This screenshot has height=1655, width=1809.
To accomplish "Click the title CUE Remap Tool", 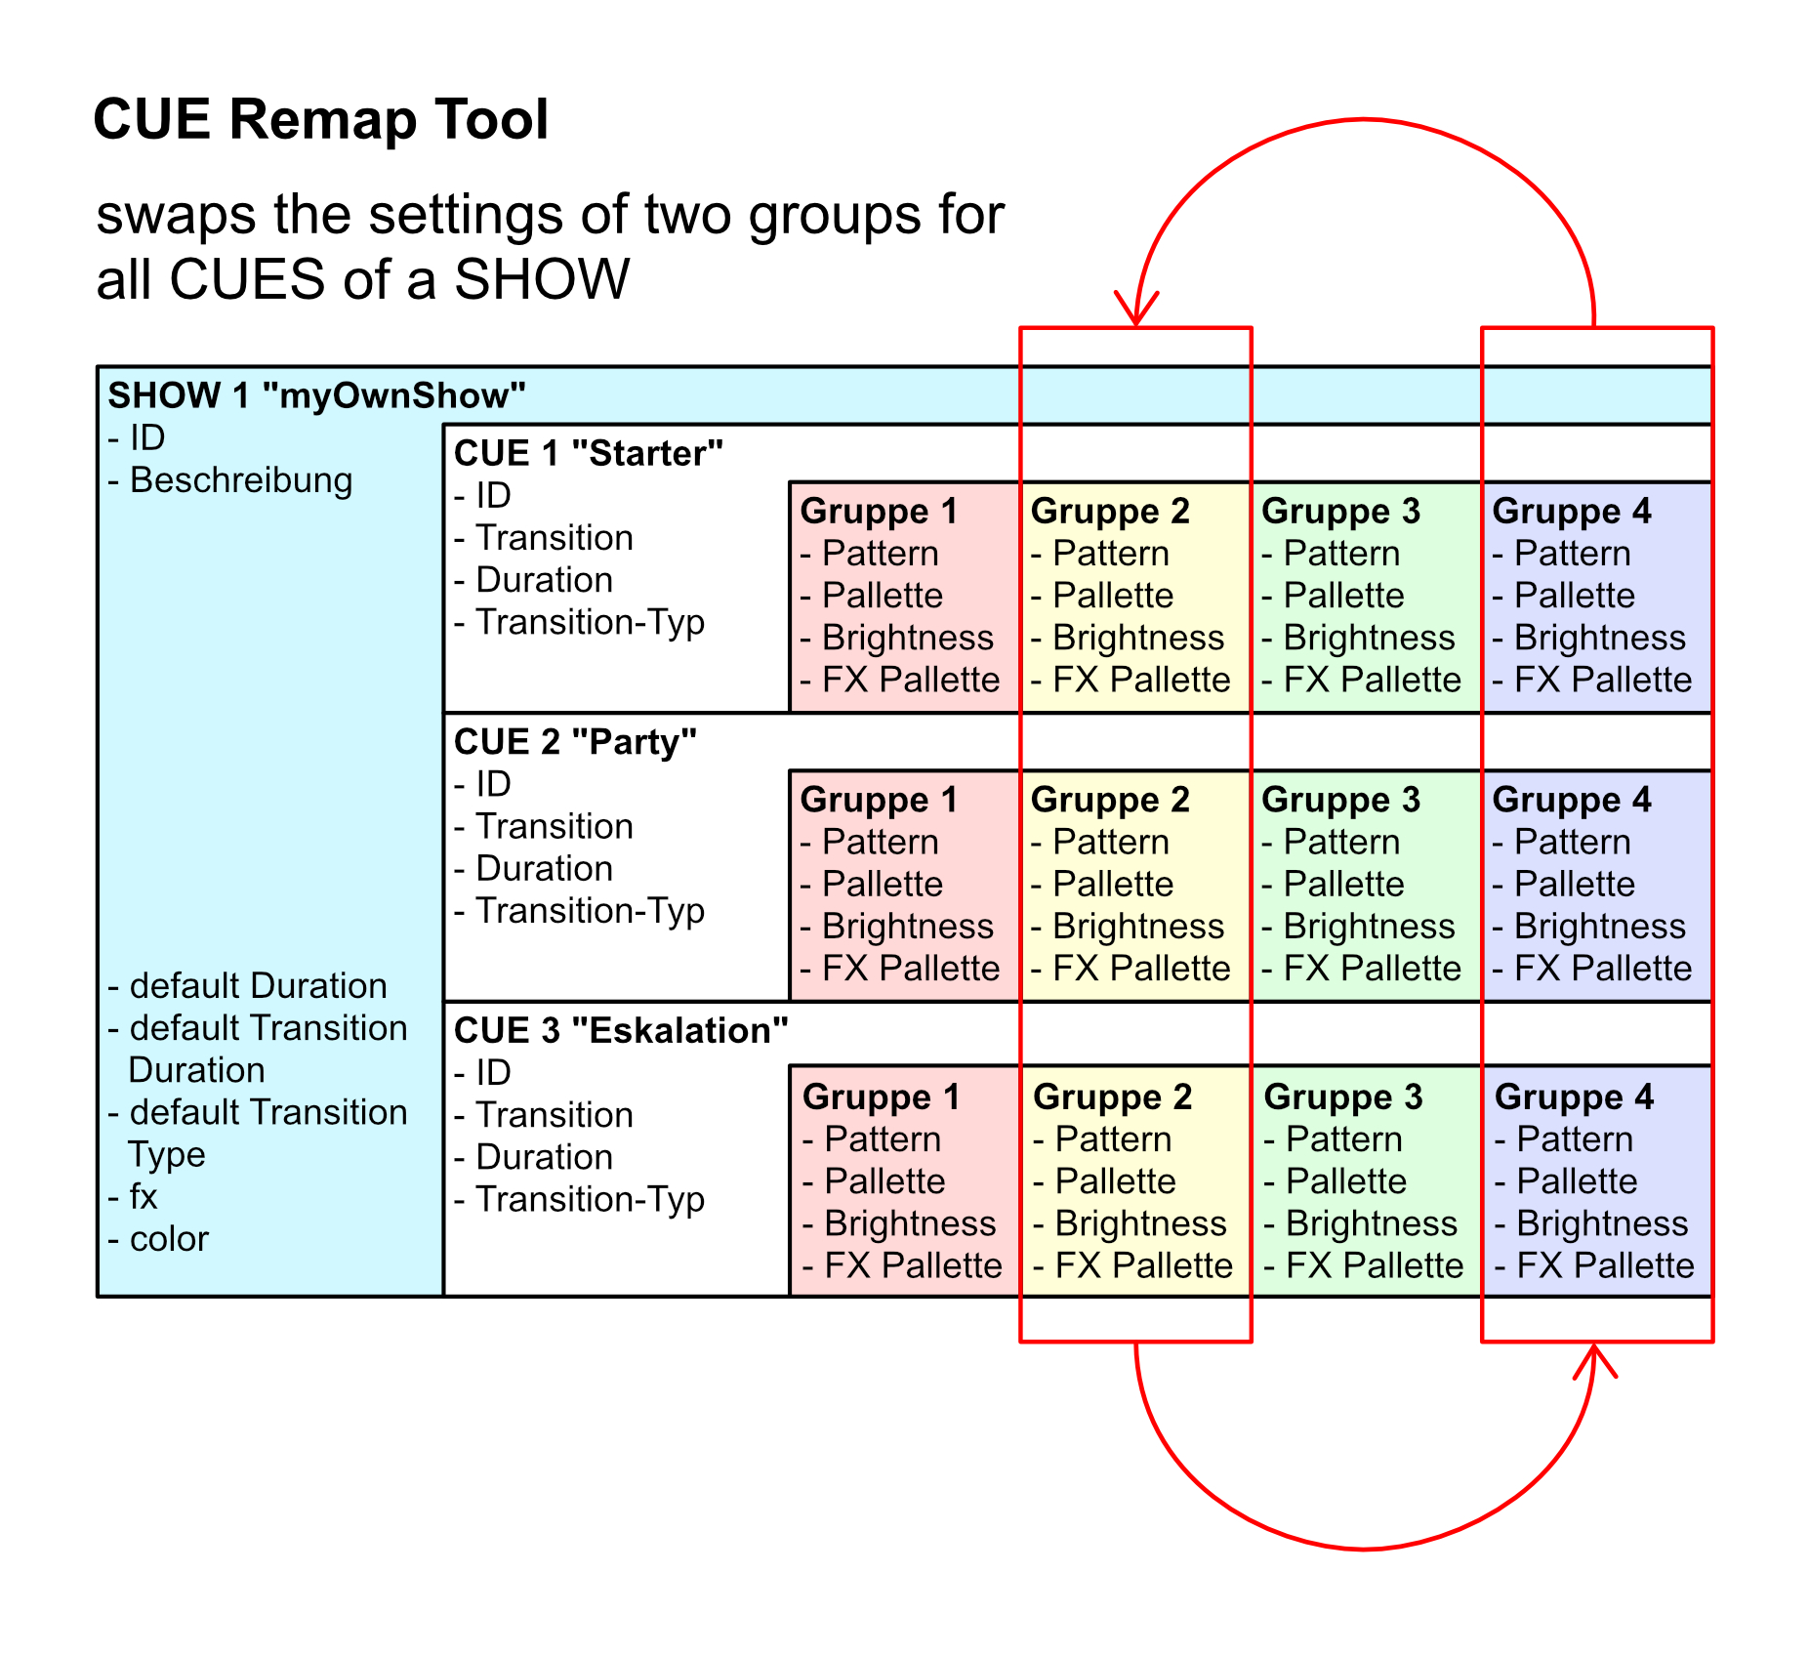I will pos(320,120).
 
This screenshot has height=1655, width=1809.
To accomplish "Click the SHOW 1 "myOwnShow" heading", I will pos(316,395).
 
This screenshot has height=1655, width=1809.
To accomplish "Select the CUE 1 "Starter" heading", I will pos(588,453).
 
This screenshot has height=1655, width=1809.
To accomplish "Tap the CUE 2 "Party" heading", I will pos(575,742).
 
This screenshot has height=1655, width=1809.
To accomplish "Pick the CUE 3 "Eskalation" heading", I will pos(621,1030).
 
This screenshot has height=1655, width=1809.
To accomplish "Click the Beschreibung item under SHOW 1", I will pos(240,480).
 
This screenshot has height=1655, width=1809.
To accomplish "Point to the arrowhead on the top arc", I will pos(1136,312).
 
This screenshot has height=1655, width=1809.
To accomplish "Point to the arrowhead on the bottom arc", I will pos(1594,1357).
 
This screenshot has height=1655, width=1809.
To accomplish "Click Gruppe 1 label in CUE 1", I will pos(878,511).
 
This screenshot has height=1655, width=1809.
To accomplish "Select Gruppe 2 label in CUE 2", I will pos(1109,800).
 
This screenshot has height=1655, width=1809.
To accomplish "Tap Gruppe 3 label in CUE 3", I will pos(1342,1096).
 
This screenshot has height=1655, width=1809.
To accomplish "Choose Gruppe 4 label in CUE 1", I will pos(1571,511).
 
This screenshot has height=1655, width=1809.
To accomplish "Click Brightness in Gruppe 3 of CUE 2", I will pos(1369,926).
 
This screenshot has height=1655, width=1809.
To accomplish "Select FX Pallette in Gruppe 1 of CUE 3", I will pos(913,1265).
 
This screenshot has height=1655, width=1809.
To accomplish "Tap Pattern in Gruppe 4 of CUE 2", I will pos(1572,842).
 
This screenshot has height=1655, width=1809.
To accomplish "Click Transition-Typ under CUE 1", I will pos(590,622).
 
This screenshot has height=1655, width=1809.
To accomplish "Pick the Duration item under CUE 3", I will pos(544,1157).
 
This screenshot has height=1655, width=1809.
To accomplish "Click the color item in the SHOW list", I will pos(168,1239).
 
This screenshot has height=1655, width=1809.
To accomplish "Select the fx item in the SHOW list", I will pos(143,1197).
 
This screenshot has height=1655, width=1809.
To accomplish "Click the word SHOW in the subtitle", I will pos(542,279).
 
